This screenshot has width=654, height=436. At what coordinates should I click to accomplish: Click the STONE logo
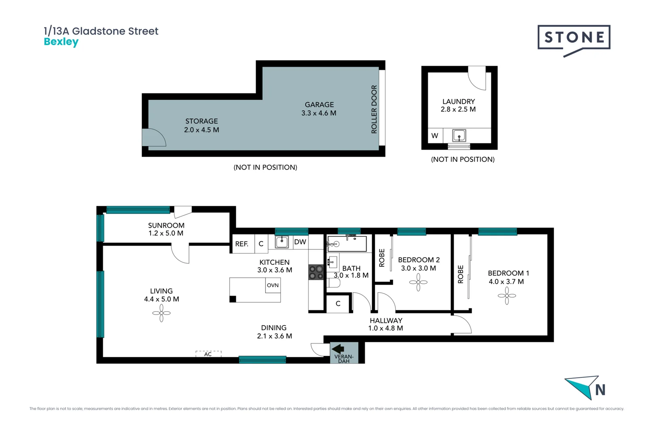click(574, 38)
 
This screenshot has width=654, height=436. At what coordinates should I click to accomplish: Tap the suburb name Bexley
click(61, 42)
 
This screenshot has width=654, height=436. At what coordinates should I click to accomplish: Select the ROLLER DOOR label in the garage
click(374, 109)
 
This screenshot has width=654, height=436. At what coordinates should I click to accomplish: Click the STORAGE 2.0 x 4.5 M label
click(201, 126)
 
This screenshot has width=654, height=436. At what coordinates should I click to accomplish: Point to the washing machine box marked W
click(435, 136)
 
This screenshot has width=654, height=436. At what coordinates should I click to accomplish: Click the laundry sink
click(459, 136)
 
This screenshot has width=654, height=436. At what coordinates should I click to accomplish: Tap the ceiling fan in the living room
click(161, 313)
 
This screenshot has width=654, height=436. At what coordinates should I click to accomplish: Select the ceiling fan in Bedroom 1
click(507, 296)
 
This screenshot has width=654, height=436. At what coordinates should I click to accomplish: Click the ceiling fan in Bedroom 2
click(418, 282)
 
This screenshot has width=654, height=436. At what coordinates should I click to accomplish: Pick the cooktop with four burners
click(316, 272)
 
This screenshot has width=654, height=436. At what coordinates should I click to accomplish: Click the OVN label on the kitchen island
click(272, 285)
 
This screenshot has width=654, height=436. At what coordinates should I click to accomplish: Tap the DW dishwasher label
click(300, 242)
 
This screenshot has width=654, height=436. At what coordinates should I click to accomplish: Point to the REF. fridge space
click(242, 244)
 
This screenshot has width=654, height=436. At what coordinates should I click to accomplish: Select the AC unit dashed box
click(208, 354)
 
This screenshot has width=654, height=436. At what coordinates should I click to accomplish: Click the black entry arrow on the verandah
click(338, 348)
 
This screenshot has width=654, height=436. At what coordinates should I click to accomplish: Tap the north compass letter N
click(600, 390)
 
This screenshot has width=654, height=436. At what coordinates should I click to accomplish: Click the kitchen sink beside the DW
click(282, 242)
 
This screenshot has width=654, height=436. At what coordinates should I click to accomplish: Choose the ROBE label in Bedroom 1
click(461, 275)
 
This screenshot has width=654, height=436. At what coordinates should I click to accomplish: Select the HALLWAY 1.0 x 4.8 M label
click(386, 324)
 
